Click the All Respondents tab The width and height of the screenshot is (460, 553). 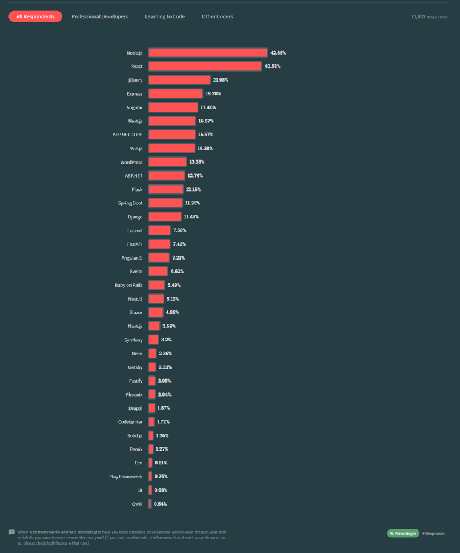(x=35, y=16)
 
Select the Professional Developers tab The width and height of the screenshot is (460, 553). (x=99, y=16)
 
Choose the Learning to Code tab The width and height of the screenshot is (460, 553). (x=165, y=16)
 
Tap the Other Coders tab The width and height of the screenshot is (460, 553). (x=217, y=16)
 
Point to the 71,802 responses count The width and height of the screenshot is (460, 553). (x=429, y=16)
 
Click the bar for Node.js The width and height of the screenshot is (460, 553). (x=208, y=53)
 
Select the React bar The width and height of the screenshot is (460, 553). (x=205, y=66)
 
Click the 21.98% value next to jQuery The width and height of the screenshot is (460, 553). (x=221, y=80)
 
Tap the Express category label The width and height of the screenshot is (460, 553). (x=135, y=94)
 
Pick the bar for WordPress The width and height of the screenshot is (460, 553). (x=167, y=162)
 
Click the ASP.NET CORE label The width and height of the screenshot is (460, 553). (x=127, y=135)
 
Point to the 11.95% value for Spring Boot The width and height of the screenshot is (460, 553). (x=192, y=203)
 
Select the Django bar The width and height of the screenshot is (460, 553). (x=165, y=216)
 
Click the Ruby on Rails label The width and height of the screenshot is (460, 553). (x=128, y=285)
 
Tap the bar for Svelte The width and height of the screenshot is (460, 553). (x=158, y=271)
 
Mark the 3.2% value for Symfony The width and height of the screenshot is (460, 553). (x=166, y=340)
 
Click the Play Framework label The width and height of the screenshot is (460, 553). (x=125, y=477)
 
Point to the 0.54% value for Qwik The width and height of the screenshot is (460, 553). (x=160, y=504)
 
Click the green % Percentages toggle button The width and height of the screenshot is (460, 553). (x=403, y=534)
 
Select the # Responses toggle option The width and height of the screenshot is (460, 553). (x=433, y=534)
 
